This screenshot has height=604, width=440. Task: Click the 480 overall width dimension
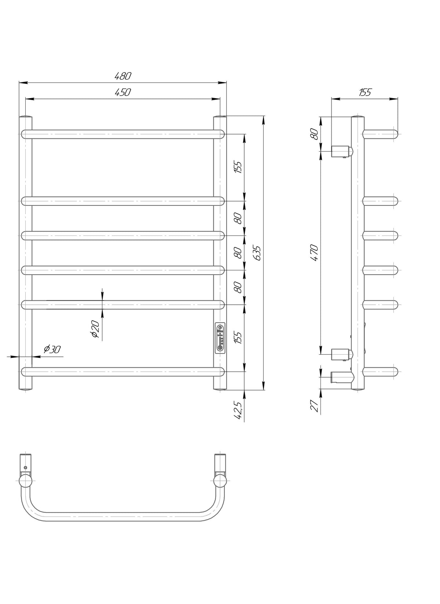(123, 76)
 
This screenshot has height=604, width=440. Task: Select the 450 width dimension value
(123, 93)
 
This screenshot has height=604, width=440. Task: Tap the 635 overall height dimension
(257, 253)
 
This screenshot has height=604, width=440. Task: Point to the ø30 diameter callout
(52, 349)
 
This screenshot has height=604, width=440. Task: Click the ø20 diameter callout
(96, 329)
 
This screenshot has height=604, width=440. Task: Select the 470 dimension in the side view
(315, 252)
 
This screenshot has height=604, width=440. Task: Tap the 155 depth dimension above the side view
(365, 93)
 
